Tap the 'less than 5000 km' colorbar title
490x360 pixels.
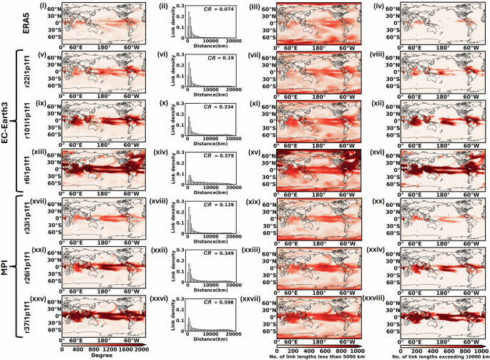point(310,355)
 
